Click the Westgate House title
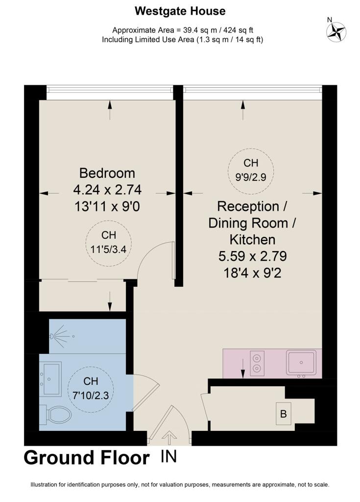coord(180,10)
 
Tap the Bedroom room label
coord(107,173)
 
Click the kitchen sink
coord(301,363)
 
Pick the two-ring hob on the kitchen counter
coord(257,363)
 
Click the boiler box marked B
coord(283,414)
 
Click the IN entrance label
coord(168,457)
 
